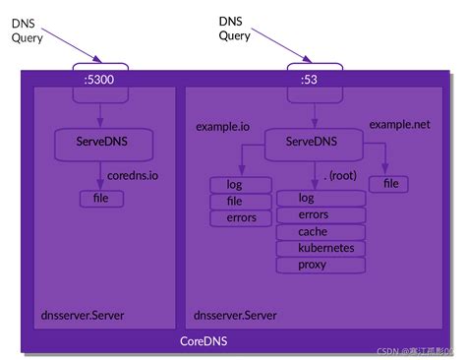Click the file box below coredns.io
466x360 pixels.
(x=101, y=199)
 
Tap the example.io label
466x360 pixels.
(x=222, y=127)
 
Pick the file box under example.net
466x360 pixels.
(x=389, y=184)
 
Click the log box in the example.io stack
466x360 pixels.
(x=234, y=184)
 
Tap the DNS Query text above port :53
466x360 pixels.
(x=235, y=28)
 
